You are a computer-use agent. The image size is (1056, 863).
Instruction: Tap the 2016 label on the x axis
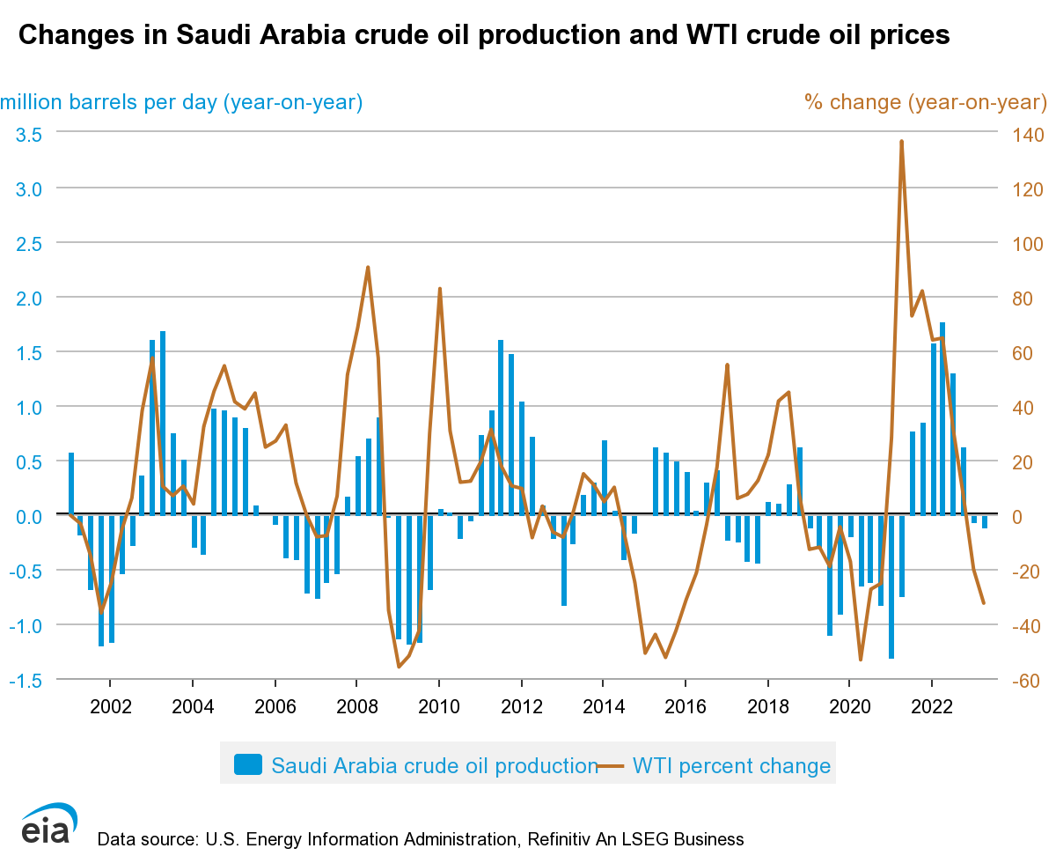(686, 706)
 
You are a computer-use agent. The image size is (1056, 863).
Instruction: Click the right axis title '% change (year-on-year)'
(925, 102)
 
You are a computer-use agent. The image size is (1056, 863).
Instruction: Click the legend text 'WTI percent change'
(731, 765)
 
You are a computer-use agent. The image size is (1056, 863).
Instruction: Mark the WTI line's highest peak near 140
(902, 141)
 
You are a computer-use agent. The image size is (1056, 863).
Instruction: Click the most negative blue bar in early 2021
(891, 586)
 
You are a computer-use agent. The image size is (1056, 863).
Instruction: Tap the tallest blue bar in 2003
(163, 423)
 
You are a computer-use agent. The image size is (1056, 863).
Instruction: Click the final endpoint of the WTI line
(984, 603)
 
